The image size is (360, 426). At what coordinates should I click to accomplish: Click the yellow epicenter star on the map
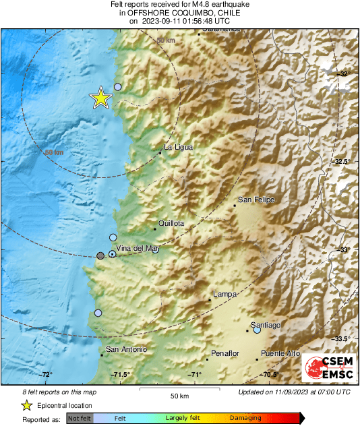coord(100,98)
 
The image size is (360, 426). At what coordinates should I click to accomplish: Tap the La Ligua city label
coord(178,147)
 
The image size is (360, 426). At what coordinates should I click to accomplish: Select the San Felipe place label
coord(257,200)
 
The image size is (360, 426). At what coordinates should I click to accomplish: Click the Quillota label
coord(171,222)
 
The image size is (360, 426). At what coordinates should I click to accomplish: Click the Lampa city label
coord(224,295)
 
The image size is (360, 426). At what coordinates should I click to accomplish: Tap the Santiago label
coord(266,325)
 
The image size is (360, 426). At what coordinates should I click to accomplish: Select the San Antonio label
coord(126,348)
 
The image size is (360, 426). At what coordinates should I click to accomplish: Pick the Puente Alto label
coord(280,354)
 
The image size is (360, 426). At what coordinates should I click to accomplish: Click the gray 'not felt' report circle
coord(100,255)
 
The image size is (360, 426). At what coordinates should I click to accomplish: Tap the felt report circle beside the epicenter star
coord(118,86)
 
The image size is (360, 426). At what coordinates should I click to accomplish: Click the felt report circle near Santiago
coord(257,330)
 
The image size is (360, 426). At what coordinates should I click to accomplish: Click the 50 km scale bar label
coord(179,395)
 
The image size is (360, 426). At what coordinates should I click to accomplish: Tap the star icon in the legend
coord(26,405)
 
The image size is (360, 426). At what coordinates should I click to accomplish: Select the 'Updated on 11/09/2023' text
coord(294,392)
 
